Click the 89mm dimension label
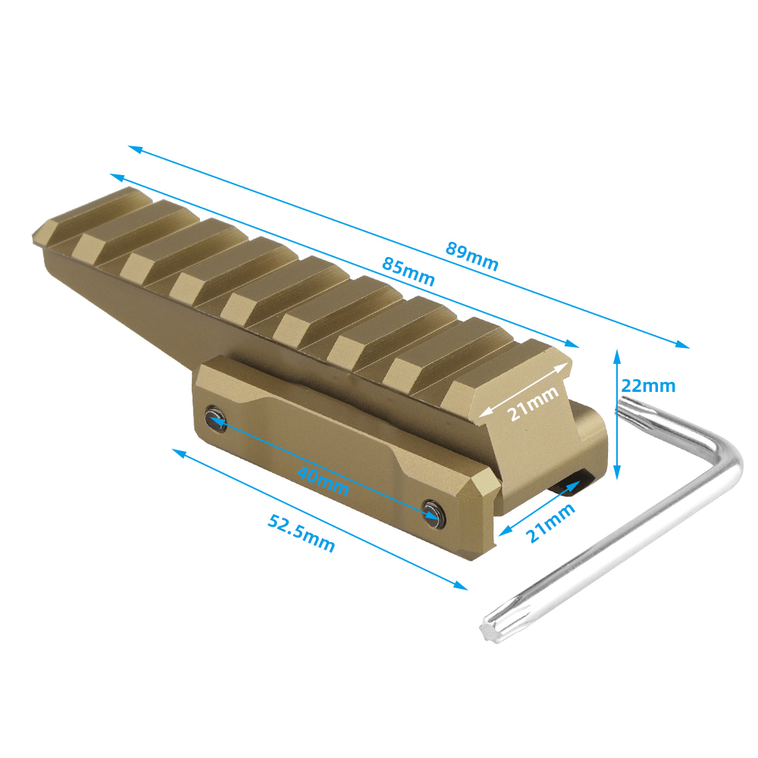tap(471, 255)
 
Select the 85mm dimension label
tap(409, 271)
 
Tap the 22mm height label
tap(648, 386)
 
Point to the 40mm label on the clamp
tap(323, 481)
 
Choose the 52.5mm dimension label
tap(301, 533)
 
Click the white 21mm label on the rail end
tap(533, 404)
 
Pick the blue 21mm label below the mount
tap(550, 522)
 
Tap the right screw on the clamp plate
tap(434, 512)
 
